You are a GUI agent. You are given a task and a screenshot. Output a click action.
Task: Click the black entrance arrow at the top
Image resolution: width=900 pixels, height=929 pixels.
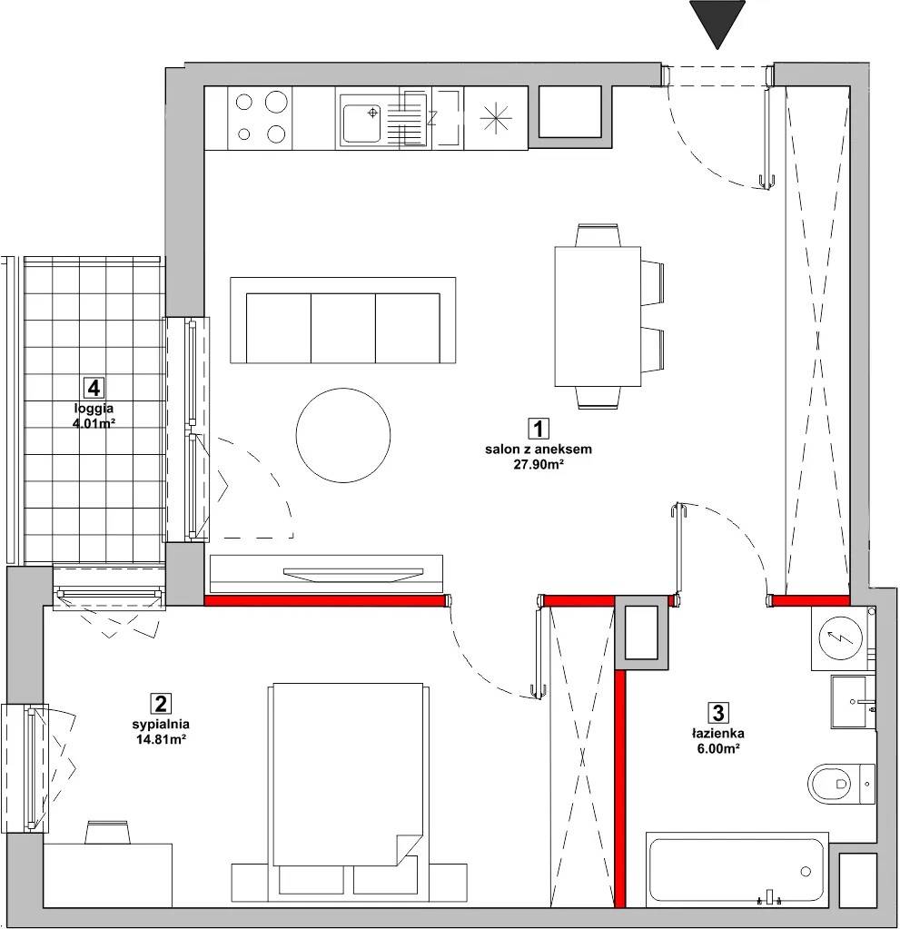[x=717, y=21]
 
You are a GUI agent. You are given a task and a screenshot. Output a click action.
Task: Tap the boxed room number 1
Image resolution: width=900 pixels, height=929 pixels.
[x=538, y=429]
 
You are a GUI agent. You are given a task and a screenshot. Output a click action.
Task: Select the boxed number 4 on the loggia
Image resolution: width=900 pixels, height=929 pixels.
[x=93, y=388]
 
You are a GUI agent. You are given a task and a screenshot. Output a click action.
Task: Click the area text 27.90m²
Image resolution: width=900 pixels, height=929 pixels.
[x=538, y=465]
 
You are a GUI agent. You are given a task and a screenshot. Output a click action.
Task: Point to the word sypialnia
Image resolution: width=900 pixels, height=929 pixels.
[x=161, y=724]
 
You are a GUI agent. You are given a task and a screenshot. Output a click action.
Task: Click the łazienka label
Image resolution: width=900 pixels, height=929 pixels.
[x=717, y=734]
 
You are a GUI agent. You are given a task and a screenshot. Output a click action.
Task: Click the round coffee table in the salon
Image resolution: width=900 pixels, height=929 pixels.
[x=343, y=434]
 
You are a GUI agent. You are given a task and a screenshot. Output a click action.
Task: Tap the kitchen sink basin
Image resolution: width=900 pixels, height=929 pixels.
[x=361, y=124]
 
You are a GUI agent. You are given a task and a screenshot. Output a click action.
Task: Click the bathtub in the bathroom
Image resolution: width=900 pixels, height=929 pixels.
[x=737, y=871]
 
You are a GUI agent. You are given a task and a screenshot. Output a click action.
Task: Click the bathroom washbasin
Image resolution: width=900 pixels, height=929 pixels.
[x=853, y=702]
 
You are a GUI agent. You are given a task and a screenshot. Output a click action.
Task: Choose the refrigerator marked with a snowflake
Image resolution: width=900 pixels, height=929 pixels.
[x=496, y=118]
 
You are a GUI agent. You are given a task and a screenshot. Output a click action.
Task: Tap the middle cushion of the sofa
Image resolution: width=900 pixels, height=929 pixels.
[x=343, y=328]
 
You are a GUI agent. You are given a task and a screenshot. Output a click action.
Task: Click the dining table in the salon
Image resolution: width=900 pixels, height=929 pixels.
[x=598, y=316]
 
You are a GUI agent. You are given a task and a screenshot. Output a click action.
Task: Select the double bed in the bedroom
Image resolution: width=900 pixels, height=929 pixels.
[x=347, y=784]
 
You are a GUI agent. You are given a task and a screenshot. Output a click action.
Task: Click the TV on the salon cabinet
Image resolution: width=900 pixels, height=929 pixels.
[x=353, y=575]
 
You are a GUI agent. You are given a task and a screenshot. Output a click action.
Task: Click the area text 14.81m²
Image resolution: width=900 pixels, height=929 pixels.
[x=161, y=739]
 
